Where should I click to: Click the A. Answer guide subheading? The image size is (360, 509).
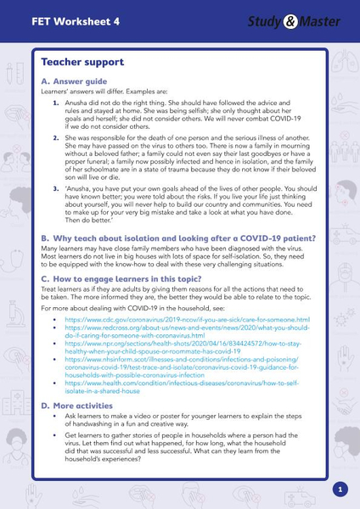pos(78,81)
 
